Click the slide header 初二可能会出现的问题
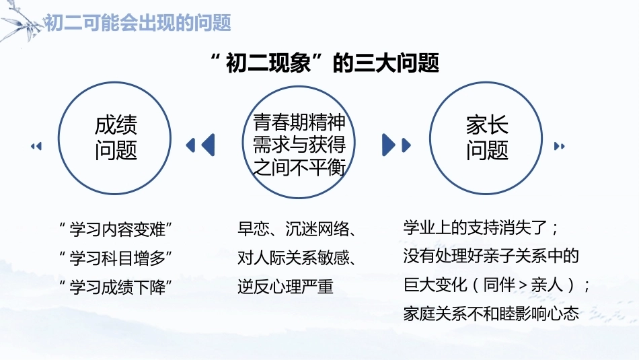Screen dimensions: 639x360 point(138,23)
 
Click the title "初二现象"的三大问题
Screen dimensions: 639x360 point(325,63)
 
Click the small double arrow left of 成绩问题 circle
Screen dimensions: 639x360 point(36,146)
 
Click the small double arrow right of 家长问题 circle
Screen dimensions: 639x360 point(560,146)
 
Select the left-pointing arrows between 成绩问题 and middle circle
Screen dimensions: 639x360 point(200,145)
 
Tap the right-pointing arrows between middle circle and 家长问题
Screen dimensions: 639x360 point(396,145)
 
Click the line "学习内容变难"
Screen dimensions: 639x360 point(116,229)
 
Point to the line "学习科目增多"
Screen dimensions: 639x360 point(116,258)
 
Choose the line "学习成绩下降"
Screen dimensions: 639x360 point(116,287)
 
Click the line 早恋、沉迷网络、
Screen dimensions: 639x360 point(297,229)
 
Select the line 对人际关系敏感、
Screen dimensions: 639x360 point(297,258)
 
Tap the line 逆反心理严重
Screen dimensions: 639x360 point(285,287)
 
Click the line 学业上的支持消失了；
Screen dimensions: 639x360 point(481,227)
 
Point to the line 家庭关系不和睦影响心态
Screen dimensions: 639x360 point(491,313)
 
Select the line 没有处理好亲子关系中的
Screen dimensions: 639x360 point(491,256)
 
